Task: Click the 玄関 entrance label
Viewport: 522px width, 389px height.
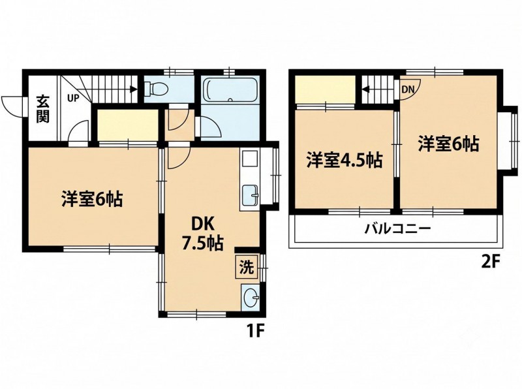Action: (x=42, y=109)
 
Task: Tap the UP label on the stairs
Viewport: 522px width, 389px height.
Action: (x=73, y=99)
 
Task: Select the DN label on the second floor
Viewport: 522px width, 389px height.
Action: (x=408, y=89)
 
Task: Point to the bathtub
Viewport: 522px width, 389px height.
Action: (x=230, y=89)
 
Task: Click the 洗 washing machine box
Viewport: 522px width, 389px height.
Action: (x=247, y=267)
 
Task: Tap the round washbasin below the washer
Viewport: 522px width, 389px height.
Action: (x=250, y=296)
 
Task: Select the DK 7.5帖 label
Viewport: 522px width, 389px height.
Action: (x=202, y=234)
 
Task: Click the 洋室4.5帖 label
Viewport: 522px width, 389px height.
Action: (x=345, y=161)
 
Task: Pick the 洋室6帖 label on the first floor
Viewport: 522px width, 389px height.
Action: (x=92, y=198)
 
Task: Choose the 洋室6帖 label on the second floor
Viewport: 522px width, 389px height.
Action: (x=448, y=144)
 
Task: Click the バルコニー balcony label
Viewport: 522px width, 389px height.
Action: (x=398, y=228)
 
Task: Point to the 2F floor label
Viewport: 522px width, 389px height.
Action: (x=491, y=262)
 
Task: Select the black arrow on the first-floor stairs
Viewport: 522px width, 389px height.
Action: (x=134, y=89)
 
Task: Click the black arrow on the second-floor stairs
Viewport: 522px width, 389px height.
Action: (x=366, y=89)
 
